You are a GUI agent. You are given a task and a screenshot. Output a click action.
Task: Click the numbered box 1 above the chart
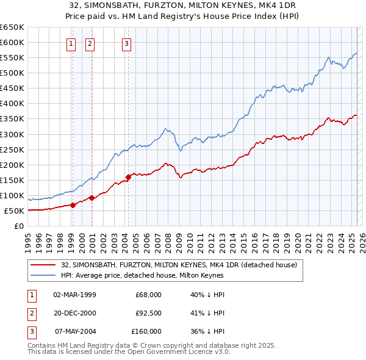(71, 43)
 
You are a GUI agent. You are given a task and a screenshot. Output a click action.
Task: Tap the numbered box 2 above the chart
(90, 43)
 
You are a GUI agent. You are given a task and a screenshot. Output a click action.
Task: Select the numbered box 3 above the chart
(126, 43)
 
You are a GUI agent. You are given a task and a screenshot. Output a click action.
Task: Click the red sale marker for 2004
(128, 177)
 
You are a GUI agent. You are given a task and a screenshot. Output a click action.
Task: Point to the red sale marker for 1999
(73, 205)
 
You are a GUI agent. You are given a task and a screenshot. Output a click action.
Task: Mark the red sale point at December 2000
(92, 198)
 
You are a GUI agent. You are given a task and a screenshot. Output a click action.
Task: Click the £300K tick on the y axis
(12, 134)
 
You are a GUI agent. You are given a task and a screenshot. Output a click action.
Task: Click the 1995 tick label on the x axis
(28, 239)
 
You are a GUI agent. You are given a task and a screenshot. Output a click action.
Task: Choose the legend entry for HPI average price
(142, 275)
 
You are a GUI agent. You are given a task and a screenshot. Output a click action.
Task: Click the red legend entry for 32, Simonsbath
(179, 265)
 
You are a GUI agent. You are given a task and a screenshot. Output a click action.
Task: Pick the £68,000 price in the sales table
(149, 295)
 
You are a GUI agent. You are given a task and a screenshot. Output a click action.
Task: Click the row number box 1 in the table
(32, 295)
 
